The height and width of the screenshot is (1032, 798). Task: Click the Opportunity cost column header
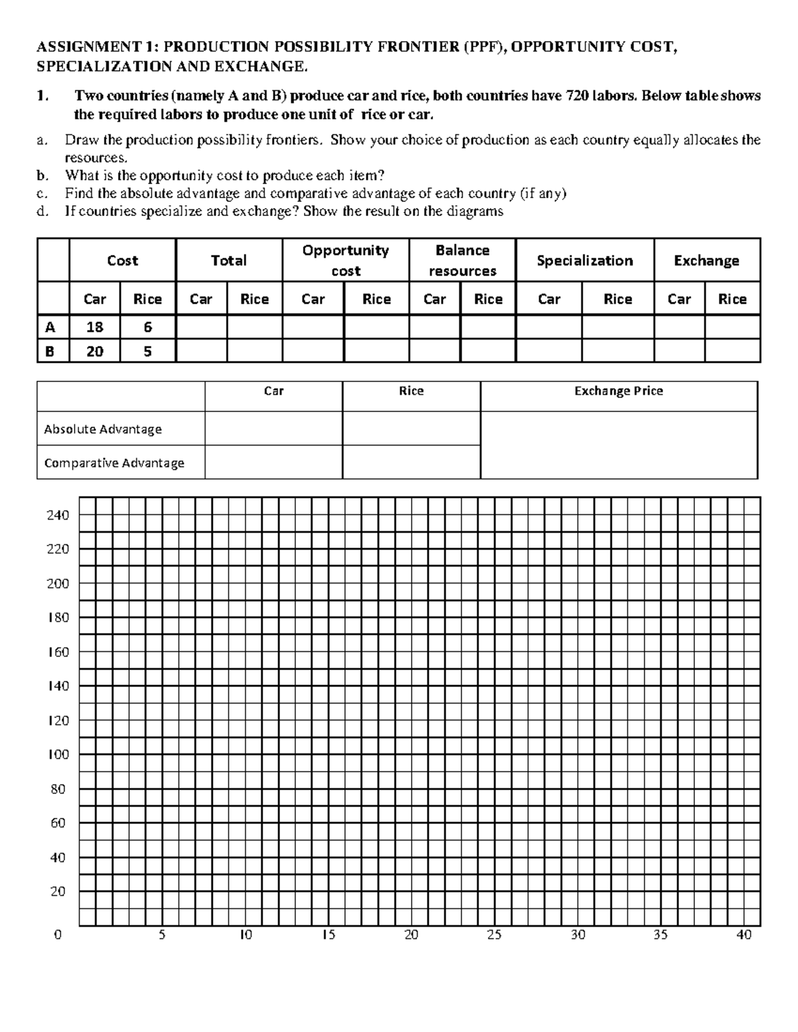pyautogui.click(x=345, y=260)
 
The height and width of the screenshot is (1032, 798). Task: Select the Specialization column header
pyautogui.click(x=585, y=260)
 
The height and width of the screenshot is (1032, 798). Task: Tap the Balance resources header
pyautogui.click(x=462, y=260)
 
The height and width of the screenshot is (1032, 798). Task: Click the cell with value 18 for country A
pyautogui.click(x=94, y=327)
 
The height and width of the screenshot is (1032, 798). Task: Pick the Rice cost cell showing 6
pyautogui.click(x=148, y=327)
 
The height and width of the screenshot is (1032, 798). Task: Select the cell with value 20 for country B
pyautogui.click(x=94, y=351)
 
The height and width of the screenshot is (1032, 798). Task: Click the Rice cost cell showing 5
pyautogui.click(x=148, y=351)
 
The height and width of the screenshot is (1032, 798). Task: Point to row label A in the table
pyautogui.click(x=50, y=327)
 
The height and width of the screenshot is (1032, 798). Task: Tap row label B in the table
pyautogui.click(x=50, y=351)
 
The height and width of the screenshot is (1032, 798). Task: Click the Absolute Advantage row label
pyautogui.click(x=103, y=429)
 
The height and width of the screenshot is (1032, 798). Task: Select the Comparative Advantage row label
pyautogui.click(x=114, y=463)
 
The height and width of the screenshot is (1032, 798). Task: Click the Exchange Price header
pyautogui.click(x=618, y=391)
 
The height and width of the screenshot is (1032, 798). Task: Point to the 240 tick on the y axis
pyautogui.click(x=59, y=515)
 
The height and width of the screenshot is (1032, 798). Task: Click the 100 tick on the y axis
pyautogui.click(x=59, y=755)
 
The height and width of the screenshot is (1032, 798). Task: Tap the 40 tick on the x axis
pyautogui.click(x=743, y=935)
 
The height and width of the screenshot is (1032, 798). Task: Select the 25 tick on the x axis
pyautogui.click(x=494, y=935)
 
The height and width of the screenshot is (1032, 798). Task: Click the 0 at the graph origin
pyautogui.click(x=58, y=935)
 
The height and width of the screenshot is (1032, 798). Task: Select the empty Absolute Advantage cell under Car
pyautogui.click(x=273, y=429)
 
